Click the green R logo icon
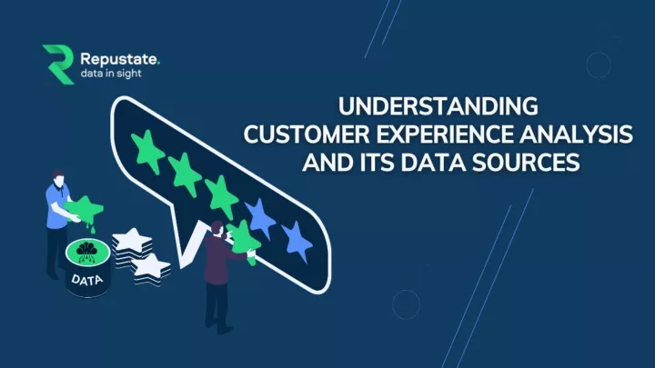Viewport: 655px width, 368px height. pyautogui.click(x=57, y=64)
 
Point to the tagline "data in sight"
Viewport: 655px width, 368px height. pyautogui.click(x=110, y=74)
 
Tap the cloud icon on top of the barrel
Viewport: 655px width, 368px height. pyautogui.click(x=89, y=251)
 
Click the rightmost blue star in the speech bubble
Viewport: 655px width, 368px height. pyautogui.click(x=295, y=241)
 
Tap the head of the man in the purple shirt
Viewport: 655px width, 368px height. pyautogui.click(x=216, y=228)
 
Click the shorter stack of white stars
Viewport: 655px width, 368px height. pyautogui.click(x=150, y=267)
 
